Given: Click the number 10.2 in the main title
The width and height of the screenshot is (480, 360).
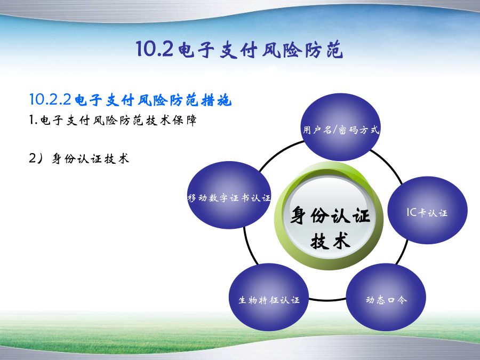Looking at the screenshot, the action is (155, 49).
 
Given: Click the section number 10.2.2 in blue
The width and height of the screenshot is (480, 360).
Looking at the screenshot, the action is (51, 100).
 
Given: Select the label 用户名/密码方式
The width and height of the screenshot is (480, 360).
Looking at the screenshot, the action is (341, 130).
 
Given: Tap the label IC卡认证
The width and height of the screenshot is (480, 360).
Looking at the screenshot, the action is (427, 212).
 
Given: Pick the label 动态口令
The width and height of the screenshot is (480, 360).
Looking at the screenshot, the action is (386, 299).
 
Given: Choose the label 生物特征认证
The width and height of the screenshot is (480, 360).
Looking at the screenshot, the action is (269, 300).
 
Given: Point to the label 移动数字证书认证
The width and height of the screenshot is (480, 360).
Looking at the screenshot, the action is (229, 198).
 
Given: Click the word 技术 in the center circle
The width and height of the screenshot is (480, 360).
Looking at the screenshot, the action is (330, 241).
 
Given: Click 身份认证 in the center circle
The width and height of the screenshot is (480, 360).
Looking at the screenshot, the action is (330, 215).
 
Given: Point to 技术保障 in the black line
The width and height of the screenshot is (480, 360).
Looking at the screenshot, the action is (171, 120).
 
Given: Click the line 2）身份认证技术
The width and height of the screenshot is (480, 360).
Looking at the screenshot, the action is (79, 158).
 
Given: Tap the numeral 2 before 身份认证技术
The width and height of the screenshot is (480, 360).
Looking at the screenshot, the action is (33, 158).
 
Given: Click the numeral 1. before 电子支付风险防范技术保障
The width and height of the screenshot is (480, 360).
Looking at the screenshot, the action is (34, 119).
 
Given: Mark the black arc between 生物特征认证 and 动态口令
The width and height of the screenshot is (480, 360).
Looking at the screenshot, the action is (327, 300).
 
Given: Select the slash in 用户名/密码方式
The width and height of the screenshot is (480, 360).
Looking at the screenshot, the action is (334, 130).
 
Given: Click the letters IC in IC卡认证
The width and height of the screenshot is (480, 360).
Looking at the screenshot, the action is (412, 212).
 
